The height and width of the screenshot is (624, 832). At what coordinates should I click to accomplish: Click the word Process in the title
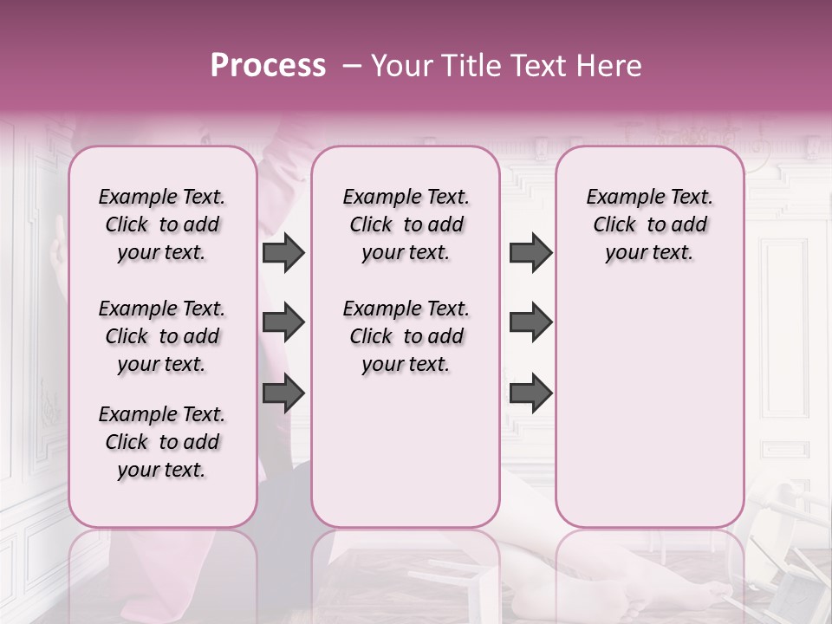click(x=267, y=66)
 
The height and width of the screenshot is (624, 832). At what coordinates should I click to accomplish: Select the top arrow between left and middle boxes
click(x=283, y=253)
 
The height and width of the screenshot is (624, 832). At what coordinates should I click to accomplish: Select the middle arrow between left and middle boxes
click(x=283, y=323)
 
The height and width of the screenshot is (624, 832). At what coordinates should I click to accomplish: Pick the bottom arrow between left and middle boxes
click(x=283, y=393)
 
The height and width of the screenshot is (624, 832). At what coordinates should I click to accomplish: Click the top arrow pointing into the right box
click(x=530, y=253)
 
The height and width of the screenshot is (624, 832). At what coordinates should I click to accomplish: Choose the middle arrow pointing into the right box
click(x=530, y=323)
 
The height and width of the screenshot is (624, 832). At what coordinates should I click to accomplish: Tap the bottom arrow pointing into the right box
click(x=530, y=393)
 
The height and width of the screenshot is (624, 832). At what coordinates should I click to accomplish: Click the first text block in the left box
click(x=161, y=224)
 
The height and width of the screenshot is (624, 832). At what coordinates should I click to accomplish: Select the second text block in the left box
click(x=161, y=336)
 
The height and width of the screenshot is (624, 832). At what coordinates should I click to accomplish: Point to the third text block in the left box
click(x=161, y=442)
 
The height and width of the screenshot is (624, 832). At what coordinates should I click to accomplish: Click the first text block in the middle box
click(x=406, y=224)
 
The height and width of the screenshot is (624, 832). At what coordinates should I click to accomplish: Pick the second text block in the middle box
click(x=406, y=336)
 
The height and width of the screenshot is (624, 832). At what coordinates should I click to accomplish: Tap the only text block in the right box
click(x=649, y=224)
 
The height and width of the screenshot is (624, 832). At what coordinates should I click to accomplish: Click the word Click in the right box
click(x=614, y=225)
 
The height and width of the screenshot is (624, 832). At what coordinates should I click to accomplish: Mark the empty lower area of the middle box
click(x=406, y=451)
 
